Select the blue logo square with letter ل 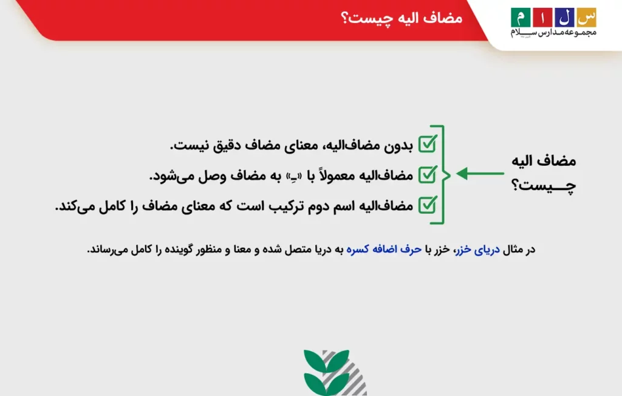click(564, 16)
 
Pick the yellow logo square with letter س click(586, 16)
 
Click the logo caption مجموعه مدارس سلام click(553, 33)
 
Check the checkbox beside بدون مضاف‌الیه click(428, 145)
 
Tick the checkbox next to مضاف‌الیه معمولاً click(428, 175)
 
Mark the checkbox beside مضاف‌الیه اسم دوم click(428, 205)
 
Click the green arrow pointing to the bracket click(480, 174)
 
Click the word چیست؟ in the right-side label click(544, 186)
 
